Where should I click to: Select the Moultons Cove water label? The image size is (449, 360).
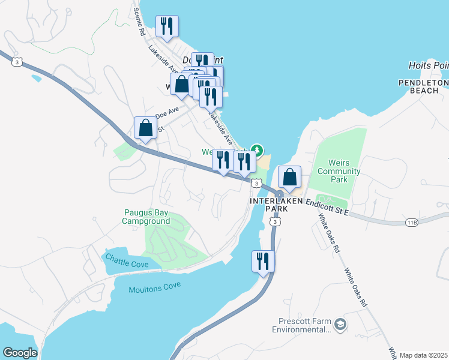154,289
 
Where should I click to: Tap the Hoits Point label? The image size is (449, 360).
428,65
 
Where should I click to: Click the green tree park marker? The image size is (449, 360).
257,149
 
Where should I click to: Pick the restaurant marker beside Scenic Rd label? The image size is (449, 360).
166,26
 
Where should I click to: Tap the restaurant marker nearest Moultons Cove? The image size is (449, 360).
263,262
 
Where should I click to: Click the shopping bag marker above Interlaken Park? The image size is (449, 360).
289,177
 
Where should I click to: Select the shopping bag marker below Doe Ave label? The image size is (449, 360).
145,127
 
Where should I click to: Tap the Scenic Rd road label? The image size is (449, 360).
140,20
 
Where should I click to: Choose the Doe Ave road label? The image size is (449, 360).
167,112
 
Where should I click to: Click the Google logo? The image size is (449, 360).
20,353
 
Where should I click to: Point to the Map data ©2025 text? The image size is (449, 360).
423,355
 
